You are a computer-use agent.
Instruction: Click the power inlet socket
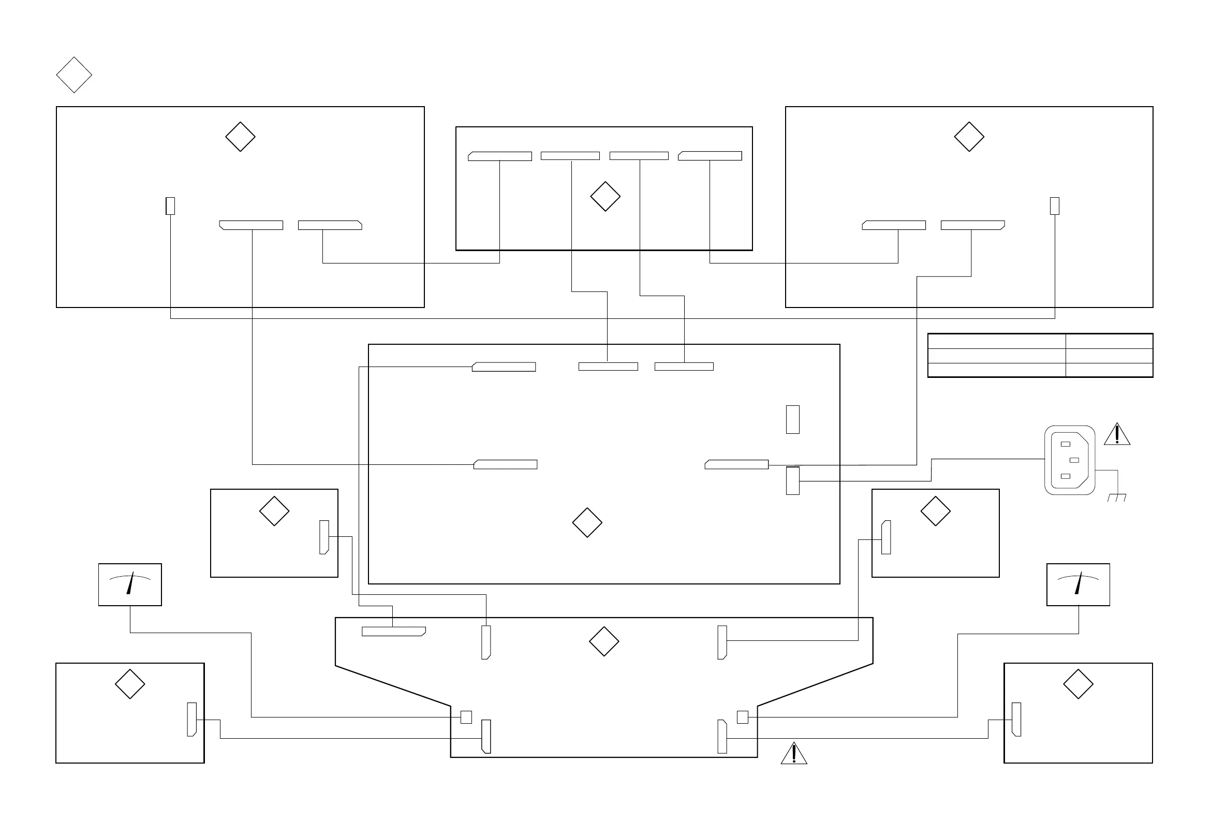[x=1069, y=460]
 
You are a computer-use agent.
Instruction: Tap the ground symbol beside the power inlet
[x=1117, y=497]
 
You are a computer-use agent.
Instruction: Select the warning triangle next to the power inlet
[x=1117, y=435]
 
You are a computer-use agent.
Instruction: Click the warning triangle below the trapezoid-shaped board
[x=793, y=754]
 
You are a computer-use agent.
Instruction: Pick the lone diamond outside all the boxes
[x=74, y=75]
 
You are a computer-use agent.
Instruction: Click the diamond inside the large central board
[x=587, y=522]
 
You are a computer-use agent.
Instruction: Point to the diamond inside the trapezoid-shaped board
[x=604, y=641]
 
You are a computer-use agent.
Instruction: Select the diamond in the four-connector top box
[x=605, y=197]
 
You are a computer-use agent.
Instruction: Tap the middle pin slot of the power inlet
[x=1074, y=460]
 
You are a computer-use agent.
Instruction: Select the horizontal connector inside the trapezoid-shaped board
[x=393, y=631]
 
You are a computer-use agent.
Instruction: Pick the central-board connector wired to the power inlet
[x=792, y=480]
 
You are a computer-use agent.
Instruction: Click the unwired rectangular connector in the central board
[x=792, y=419]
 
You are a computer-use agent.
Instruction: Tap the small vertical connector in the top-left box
[x=170, y=206]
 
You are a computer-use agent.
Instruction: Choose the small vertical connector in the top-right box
[x=1055, y=206]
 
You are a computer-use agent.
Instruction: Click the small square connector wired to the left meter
[x=466, y=717]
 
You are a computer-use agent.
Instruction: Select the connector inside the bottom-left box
[x=192, y=720]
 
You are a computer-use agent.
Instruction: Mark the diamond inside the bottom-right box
[x=1078, y=684]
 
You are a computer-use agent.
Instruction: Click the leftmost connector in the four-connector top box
[x=500, y=156]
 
